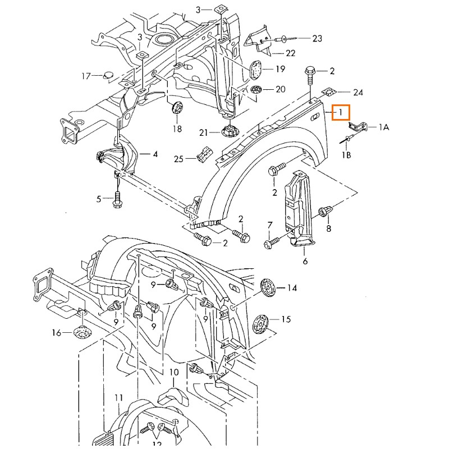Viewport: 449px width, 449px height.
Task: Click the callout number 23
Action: point(317,39)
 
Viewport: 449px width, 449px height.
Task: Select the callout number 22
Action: point(290,53)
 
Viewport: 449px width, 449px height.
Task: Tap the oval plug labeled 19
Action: point(256,70)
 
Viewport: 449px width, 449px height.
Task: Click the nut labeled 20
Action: point(257,90)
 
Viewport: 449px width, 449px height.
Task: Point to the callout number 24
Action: point(358,92)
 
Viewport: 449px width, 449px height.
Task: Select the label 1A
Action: point(383,127)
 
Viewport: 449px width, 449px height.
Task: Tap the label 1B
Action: point(347,154)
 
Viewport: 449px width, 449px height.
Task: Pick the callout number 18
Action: point(177,129)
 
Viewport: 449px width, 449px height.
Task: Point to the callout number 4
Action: point(155,154)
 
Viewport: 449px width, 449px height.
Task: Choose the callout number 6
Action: point(305,261)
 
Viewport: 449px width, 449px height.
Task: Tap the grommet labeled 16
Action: point(83,332)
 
